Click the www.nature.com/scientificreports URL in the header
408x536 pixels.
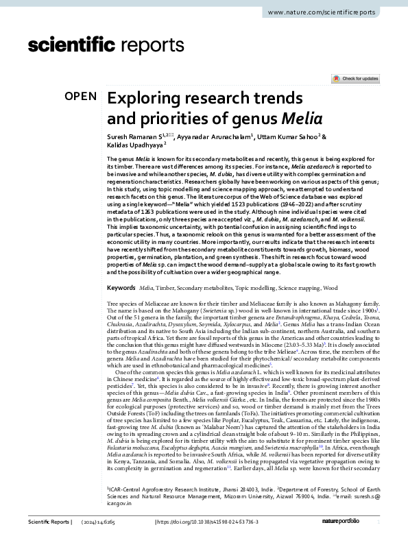335,13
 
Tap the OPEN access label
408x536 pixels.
80,97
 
